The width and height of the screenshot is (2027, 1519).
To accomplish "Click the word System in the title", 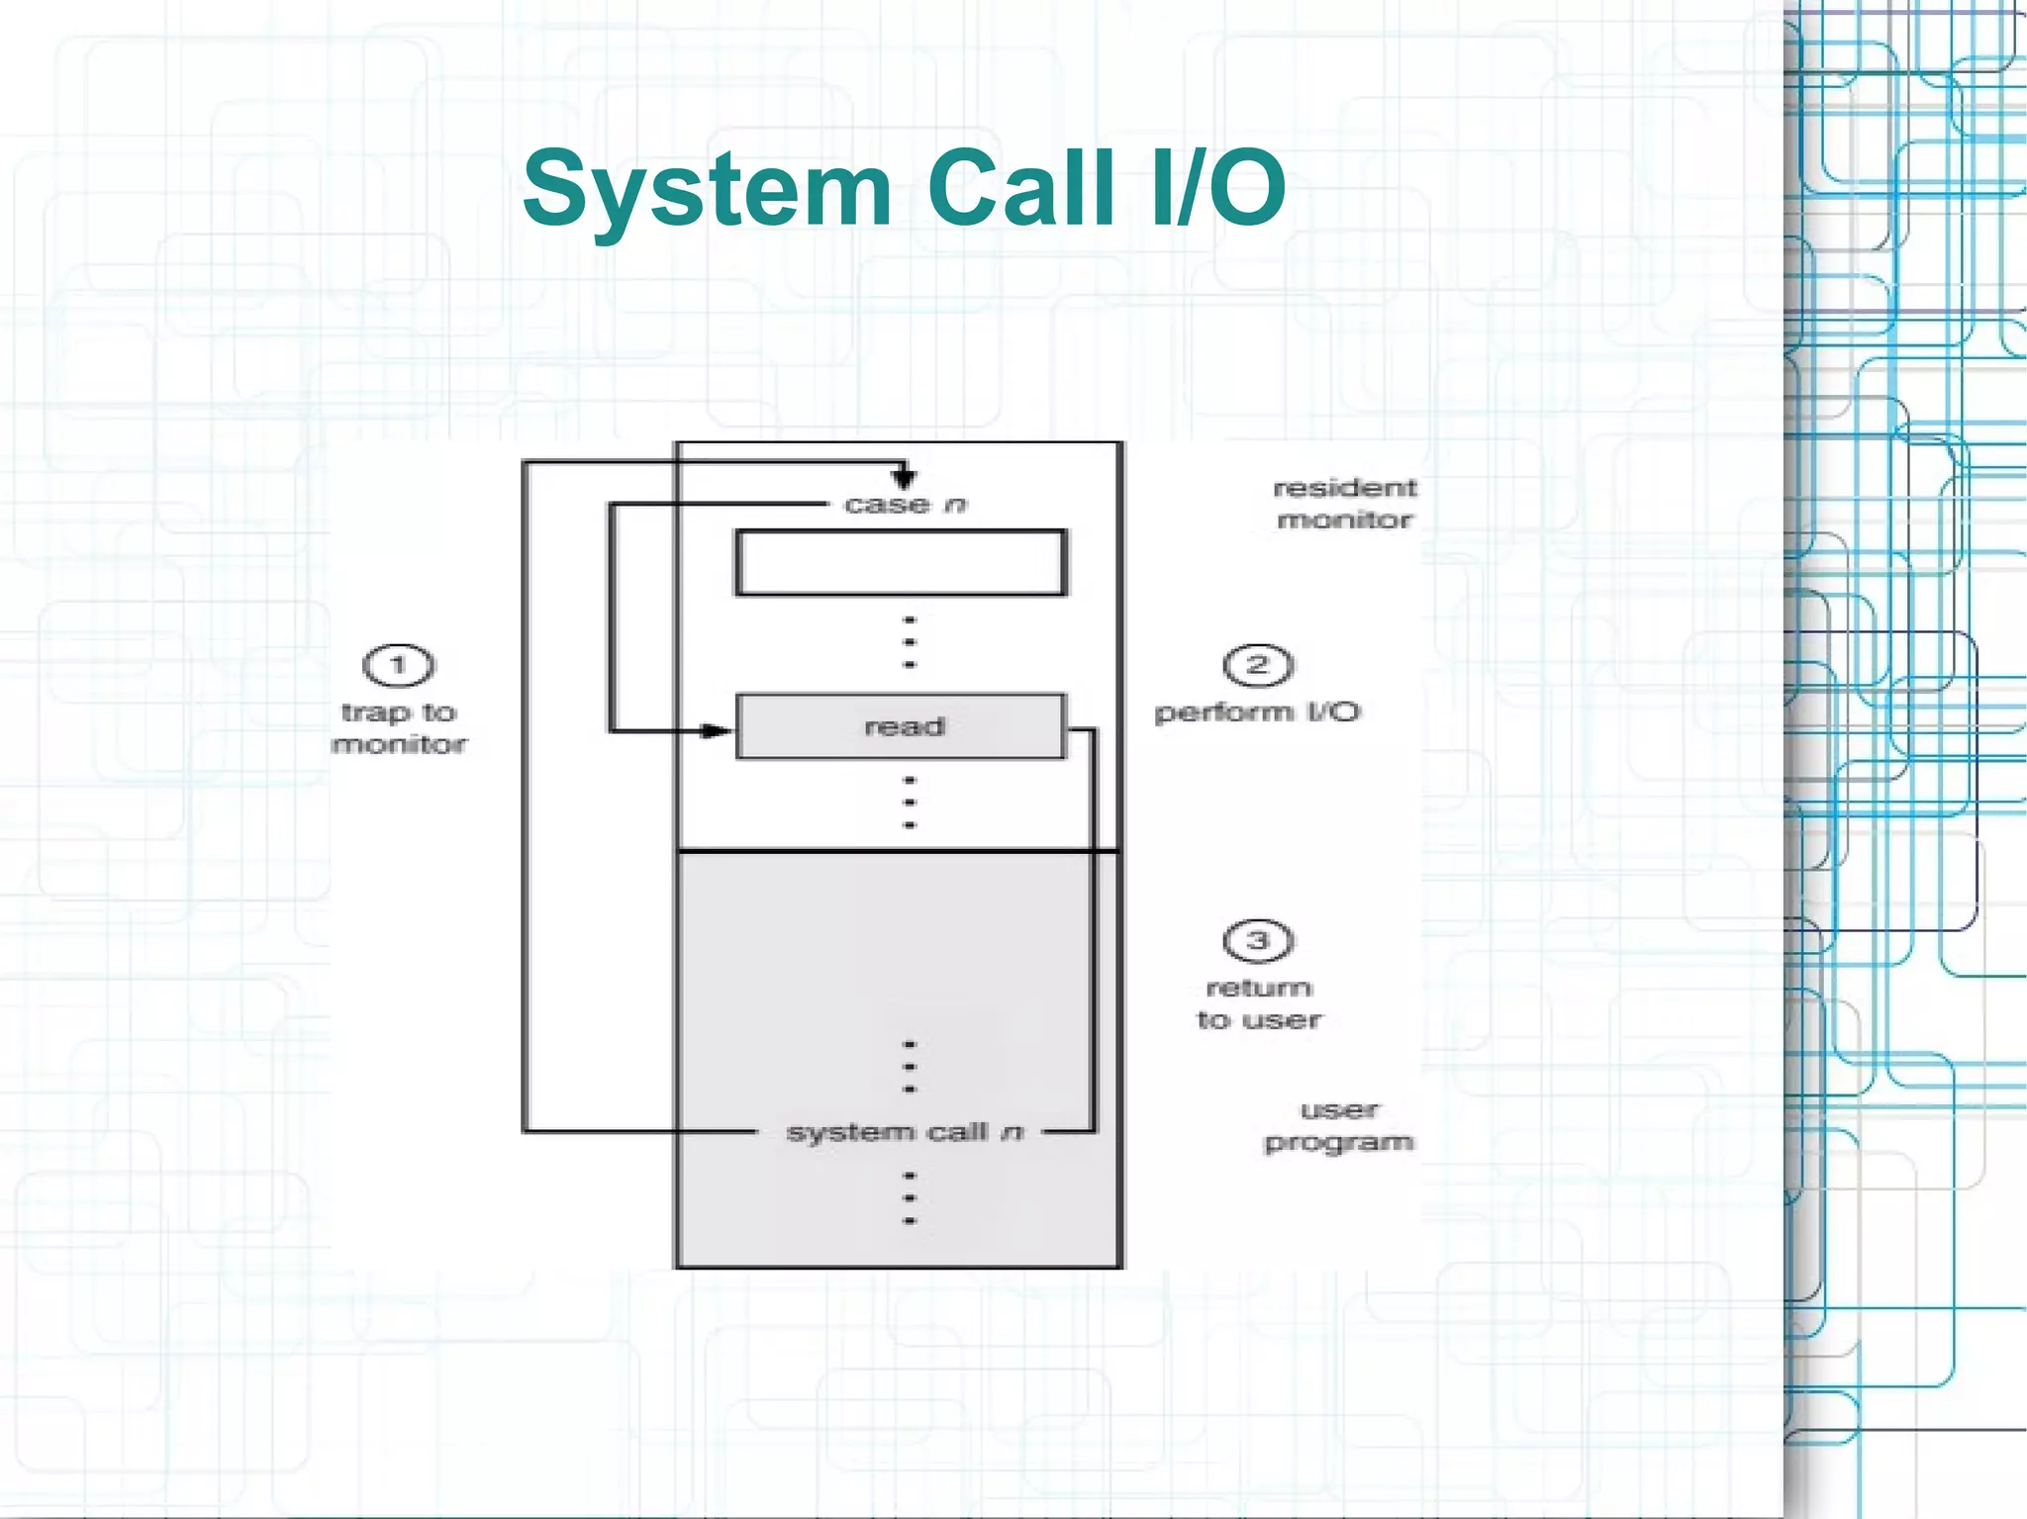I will pyautogui.click(x=707, y=188).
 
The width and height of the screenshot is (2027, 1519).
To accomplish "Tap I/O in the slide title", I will pyautogui.click(x=1218, y=188).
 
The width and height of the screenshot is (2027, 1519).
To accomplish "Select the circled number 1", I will pyautogui.click(x=399, y=665).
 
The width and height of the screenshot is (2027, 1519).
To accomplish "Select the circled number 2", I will pyautogui.click(x=1258, y=665).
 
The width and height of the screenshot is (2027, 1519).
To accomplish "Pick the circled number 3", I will pyautogui.click(x=1258, y=940).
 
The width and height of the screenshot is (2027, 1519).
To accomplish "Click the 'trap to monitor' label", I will pyautogui.click(x=399, y=728).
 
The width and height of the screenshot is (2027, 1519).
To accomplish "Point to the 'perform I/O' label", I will pyautogui.click(x=1257, y=712).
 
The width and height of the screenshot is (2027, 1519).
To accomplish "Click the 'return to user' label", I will pyautogui.click(x=1259, y=1003).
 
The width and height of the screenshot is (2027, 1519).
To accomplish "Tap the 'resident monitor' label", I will pyautogui.click(x=1344, y=503).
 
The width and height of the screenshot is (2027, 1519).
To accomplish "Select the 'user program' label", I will pyautogui.click(x=1339, y=1126).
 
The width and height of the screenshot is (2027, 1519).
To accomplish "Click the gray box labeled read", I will pyautogui.click(x=901, y=726).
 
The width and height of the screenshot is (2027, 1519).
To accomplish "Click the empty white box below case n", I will pyautogui.click(x=901, y=562).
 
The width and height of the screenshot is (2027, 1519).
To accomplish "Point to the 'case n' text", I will pyautogui.click(x=905, y=505).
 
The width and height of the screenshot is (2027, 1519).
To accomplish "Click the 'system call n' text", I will pyautogui.click(x=904, y=1131).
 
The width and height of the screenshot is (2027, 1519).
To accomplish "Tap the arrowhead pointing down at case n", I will pyautogui.click(x=903, y=479).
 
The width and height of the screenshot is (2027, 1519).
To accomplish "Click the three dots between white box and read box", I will pyautogui.click(x=910, y=642).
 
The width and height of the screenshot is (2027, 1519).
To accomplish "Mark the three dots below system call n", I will pyautogui.click(x=910, y=1198).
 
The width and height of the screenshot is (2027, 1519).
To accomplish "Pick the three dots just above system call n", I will pyautogui.click(x=910, y=1067).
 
